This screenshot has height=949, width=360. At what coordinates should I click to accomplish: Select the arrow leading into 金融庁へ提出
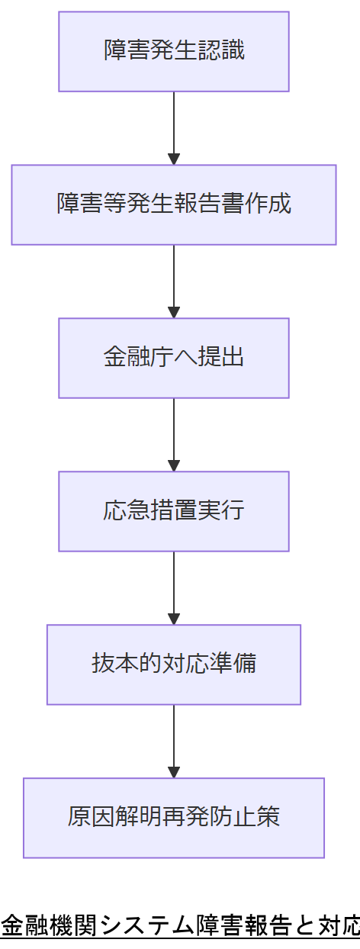[174, 281]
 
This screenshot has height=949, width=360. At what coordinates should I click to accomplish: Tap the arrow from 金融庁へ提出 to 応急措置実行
[174, 434]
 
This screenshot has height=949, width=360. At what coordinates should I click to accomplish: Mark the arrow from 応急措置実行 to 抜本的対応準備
[174, 587]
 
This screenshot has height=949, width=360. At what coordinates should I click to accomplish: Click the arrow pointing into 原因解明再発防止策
[174, 741]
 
